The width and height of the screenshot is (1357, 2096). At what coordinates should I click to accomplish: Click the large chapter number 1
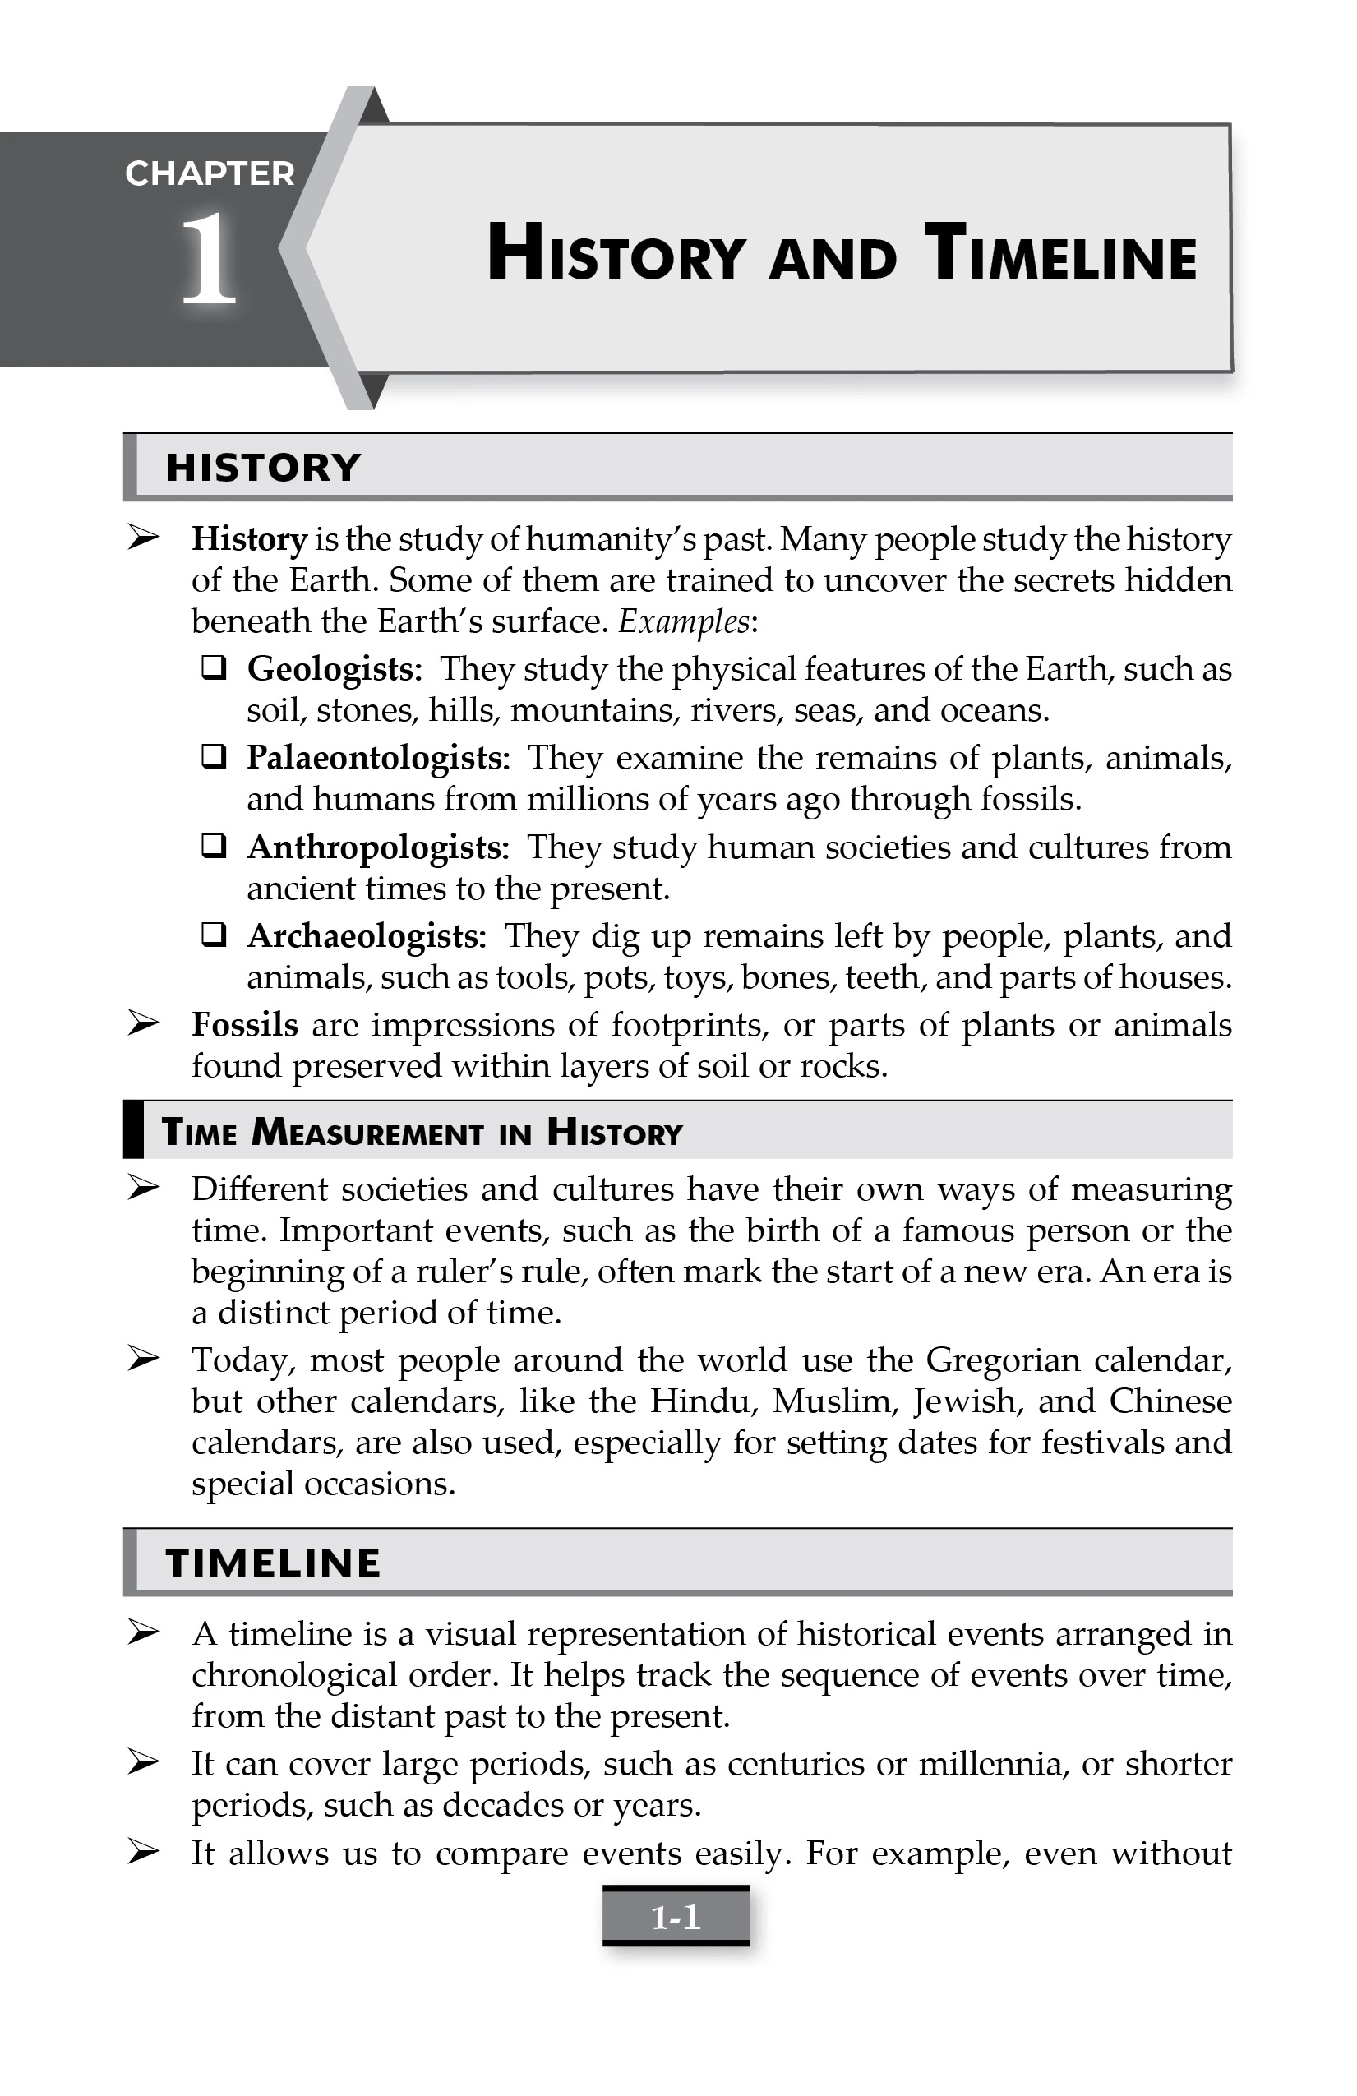click(209, 261)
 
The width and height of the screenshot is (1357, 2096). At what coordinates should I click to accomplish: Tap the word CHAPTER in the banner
click(210, 174)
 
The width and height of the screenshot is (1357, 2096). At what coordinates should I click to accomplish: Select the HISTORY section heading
click(263, 468)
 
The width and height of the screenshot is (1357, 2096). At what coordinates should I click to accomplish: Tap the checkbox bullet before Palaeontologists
click(214, 756)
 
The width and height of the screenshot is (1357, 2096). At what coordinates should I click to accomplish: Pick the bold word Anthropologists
click(378, 847)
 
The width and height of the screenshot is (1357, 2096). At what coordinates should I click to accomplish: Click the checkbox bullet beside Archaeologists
click(214, 935)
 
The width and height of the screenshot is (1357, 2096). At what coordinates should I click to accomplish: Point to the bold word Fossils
click(245, 1025)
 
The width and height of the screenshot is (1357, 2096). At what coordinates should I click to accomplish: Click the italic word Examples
click(685, 621)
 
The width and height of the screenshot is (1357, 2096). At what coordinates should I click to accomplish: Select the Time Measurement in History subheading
click(422, 1133)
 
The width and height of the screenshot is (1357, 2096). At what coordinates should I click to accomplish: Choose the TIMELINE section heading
click(273, 1563)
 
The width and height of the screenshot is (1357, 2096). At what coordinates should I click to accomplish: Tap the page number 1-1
click(676, 1917)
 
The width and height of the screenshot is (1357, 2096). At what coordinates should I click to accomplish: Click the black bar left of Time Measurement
click(133, 1130)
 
